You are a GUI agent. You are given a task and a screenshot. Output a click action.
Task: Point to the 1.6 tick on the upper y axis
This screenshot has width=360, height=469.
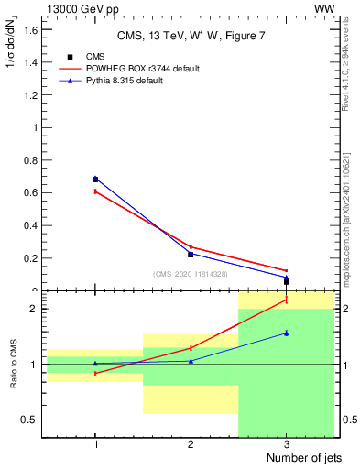pyautogui.click(x=31, y=29)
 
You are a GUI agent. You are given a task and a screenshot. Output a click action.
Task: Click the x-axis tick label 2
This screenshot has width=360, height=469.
pyautogui.click(x=191, y=443)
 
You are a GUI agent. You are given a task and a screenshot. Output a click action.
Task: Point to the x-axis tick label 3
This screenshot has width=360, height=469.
pyautogui.click(x=286, y=443)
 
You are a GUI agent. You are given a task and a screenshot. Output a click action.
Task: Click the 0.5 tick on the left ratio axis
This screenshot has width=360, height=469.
pyautogui.click(x=31, y=420)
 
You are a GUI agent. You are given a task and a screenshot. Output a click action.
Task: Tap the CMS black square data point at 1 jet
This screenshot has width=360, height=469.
pyautogui.click(x=95, y=180)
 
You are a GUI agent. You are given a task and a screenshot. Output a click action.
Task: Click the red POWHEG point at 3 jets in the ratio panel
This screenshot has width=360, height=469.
pyautogui.click(x=286, y=300)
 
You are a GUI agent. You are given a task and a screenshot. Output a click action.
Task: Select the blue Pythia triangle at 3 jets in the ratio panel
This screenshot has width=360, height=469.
pyautogui.click(x=286, y=333)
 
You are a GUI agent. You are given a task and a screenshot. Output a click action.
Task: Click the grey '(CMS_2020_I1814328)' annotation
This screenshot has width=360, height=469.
pyautogui.click(x=191, y=273)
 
